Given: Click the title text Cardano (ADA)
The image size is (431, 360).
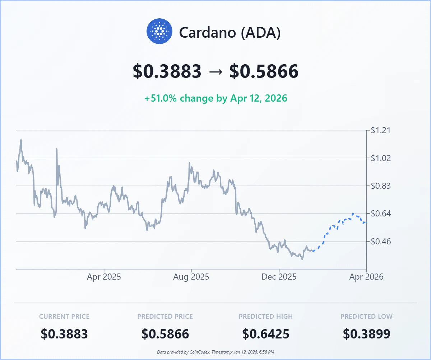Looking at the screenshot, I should pyautogui.click(x=230, y=33).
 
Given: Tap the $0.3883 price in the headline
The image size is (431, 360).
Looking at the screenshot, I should pyautogui.click(x=167, y=71).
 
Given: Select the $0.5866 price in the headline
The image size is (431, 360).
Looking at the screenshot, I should pyautogui.click(x=264, y=71).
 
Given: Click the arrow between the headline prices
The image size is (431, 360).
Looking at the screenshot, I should pyautogui.click(x=215, y=71).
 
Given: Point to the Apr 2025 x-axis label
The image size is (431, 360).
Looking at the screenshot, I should pyautogui.click(x=104, y=277).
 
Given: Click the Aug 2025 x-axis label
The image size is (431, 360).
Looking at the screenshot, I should pyautogui.click(x=191, y=277).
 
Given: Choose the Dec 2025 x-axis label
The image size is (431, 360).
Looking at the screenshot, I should pyautogui.click(x=279, y=277).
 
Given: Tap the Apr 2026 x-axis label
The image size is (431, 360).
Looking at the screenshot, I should pyautogui.click(x=366, y=277).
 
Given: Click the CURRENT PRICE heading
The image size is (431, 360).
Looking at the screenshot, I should pyautogui.click(x=64, y=317).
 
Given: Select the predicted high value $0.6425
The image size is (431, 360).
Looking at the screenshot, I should pyautogui.click(x=266, y=334).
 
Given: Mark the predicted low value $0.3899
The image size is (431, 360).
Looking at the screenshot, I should pyautogui.click(x=366, y=334).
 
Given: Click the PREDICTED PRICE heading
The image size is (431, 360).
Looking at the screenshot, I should pyautogui.click(x=165, y=317).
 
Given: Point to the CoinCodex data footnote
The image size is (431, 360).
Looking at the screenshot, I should pyautogui.click(x=215, y=352).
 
